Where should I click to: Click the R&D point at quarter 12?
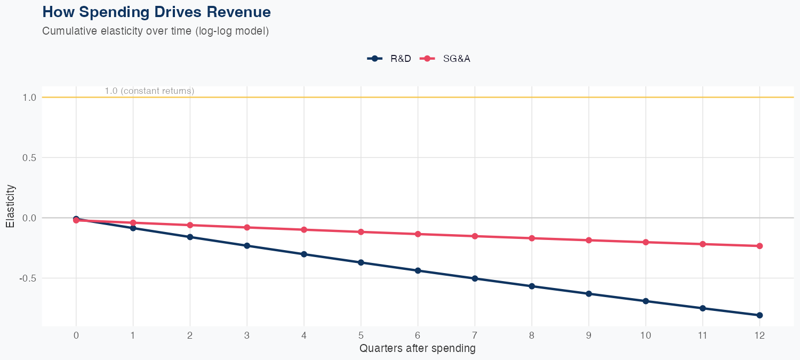[x=759, y=315]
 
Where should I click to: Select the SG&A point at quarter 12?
[x=759, y=246]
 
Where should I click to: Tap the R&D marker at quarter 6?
[x=418, y=270]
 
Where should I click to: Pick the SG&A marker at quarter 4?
[x=304, y=230]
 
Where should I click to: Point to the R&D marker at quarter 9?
[x=589, y=294]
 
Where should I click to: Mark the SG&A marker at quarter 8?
[x=532, y=238]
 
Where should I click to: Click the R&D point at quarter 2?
[x=190, y=237]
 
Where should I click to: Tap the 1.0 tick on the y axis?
[x=29, y=98]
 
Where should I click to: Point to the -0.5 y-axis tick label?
[x=28, y=278]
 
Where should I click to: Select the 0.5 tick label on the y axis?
[x=29, y=158]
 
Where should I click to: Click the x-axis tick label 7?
[x=475, y=335]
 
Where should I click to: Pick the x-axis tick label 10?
[x=645, y=335]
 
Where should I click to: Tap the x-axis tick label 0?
[x=76, y=335]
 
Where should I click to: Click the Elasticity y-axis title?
[x=10, y=206]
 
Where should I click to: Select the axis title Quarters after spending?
[x=418, y=349]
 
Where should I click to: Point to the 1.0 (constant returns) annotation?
[x=149, y=91]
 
